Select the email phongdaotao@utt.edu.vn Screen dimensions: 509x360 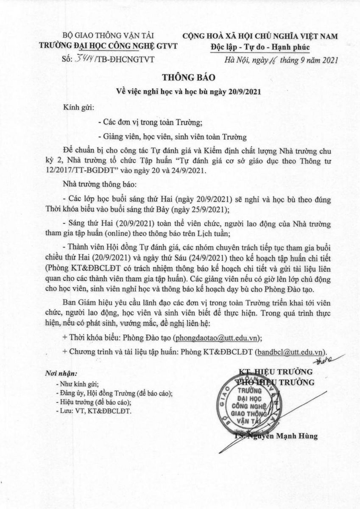click(216, 338)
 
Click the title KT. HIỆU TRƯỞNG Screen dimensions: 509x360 click(276, 372)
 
